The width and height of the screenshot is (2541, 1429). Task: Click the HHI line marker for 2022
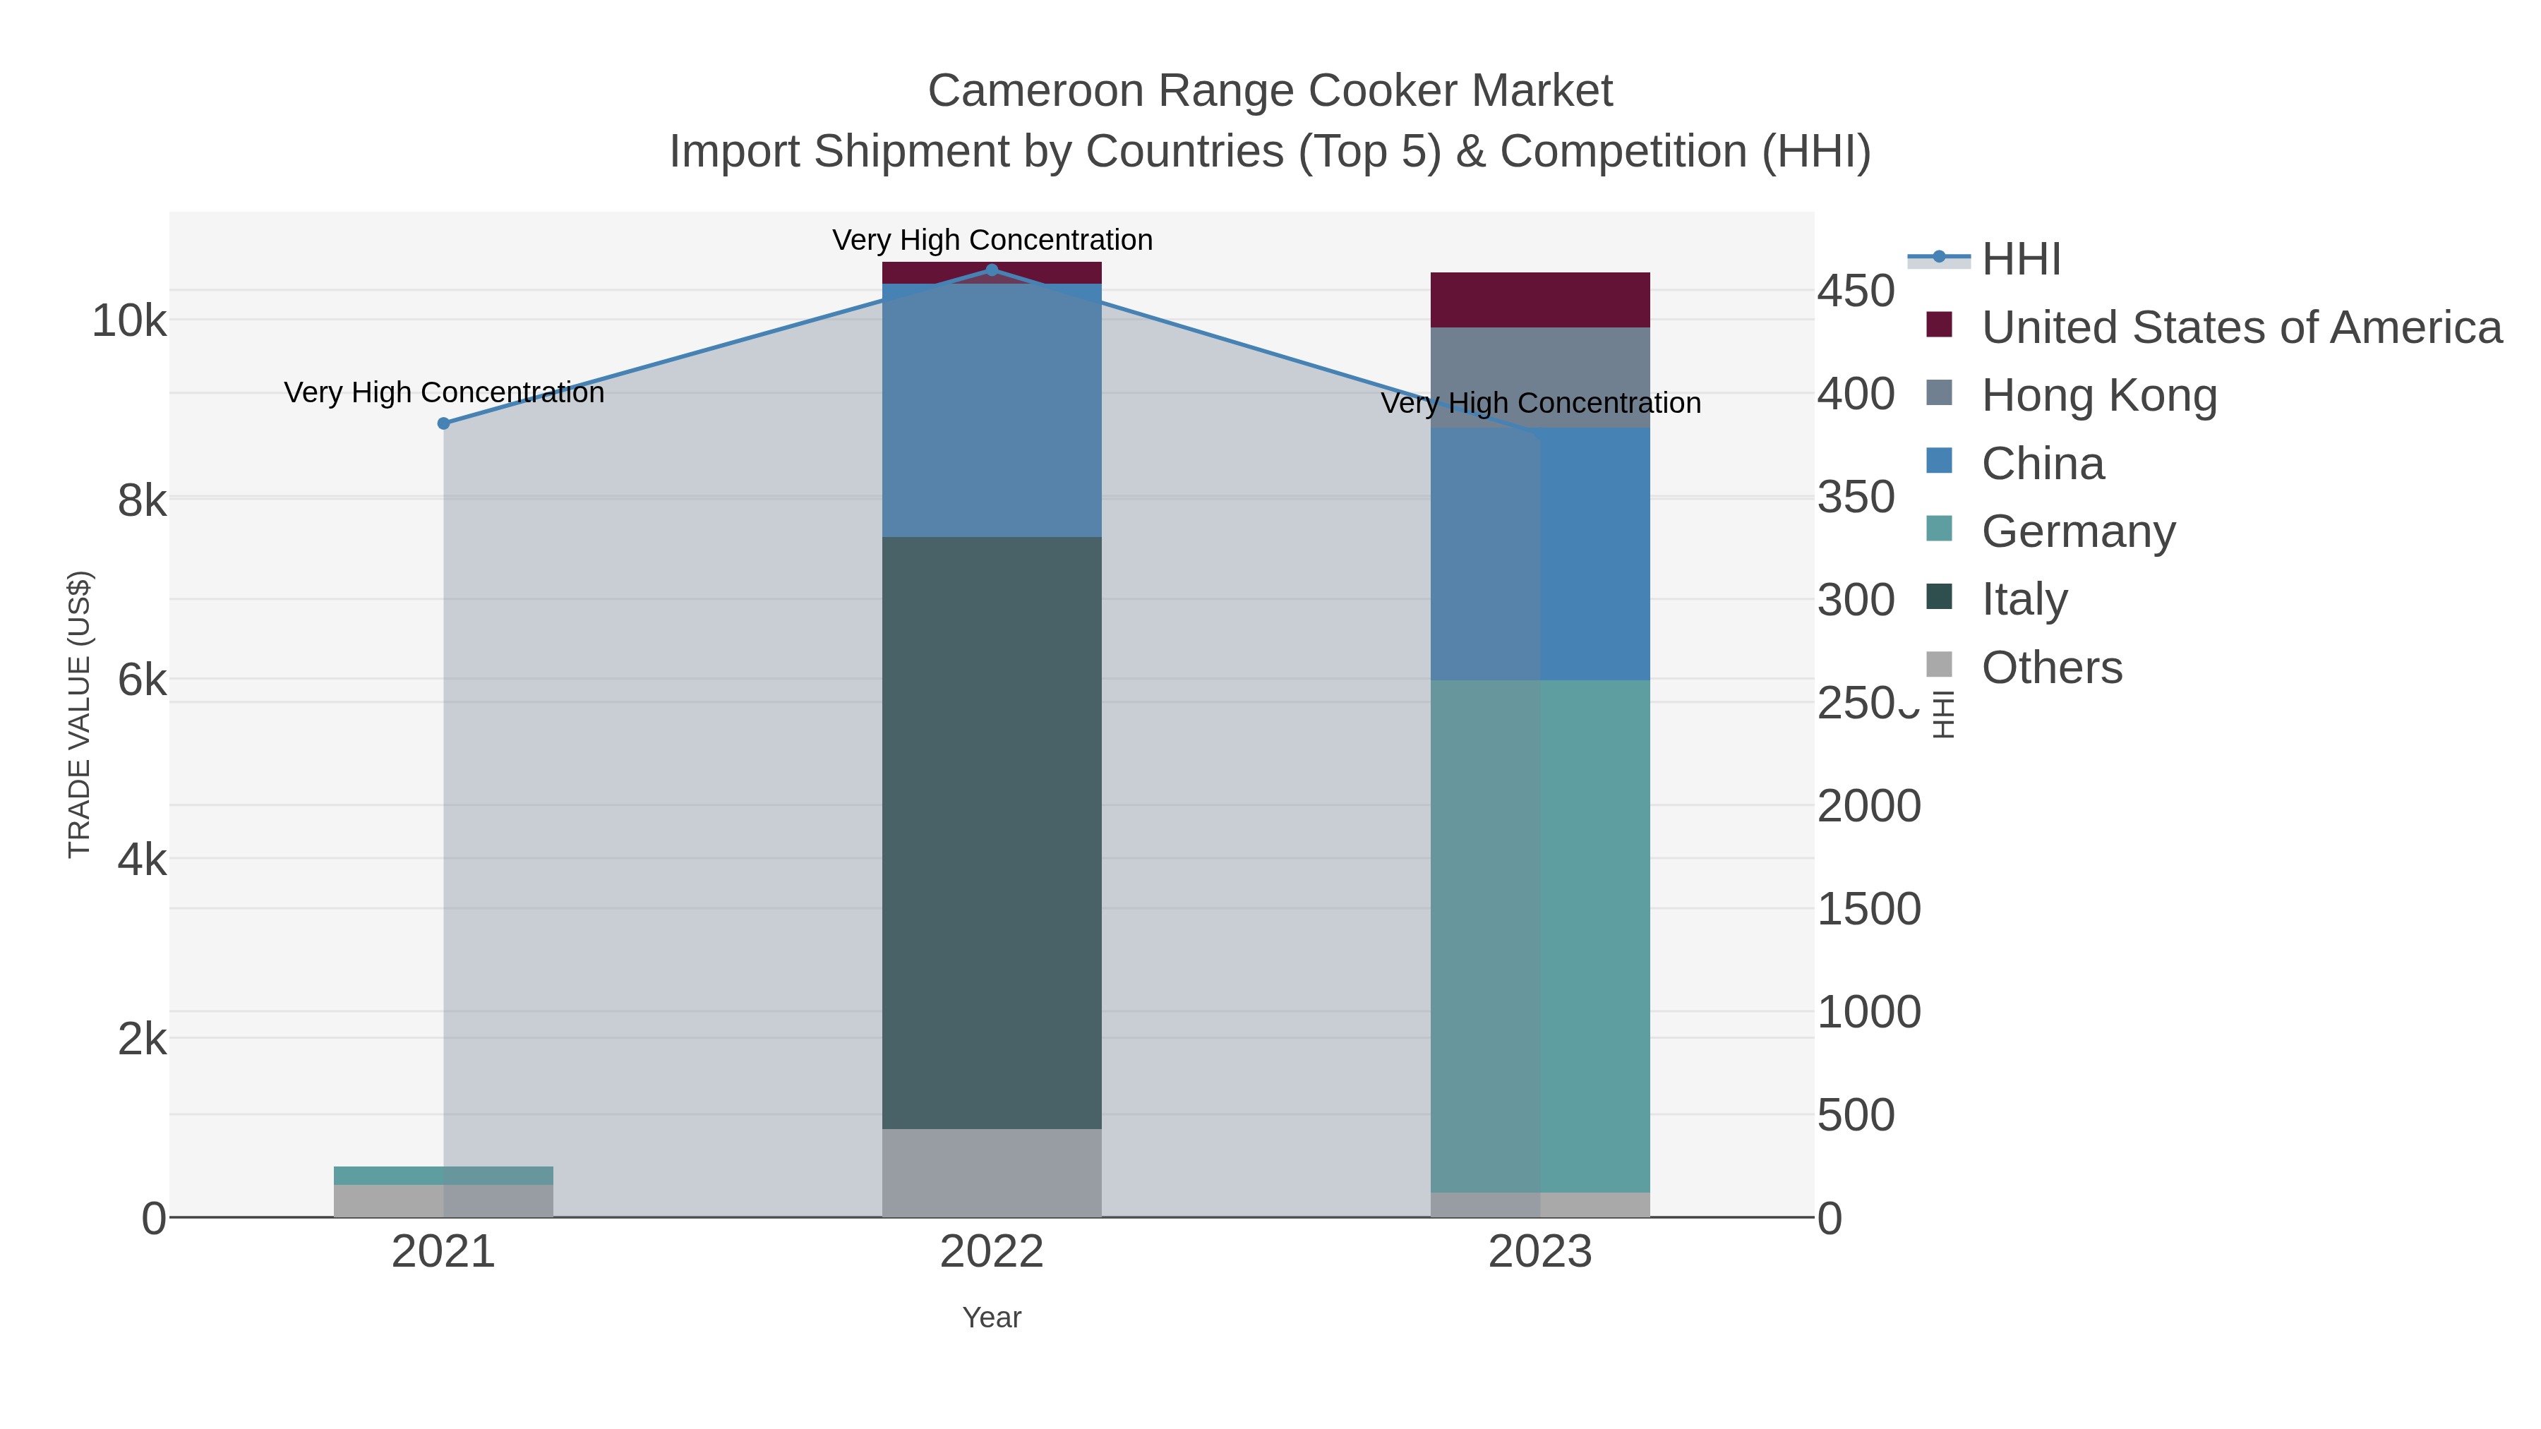pos(992,270)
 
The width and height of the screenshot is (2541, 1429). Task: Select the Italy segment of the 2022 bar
pos(992,833)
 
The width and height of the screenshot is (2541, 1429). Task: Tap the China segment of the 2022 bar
pos(992,410)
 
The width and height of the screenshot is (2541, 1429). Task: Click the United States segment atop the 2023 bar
pos(1540,300)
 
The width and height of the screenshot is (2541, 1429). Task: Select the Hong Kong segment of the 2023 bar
pos(1540,377)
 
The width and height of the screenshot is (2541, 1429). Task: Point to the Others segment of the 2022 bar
pos(992,1173)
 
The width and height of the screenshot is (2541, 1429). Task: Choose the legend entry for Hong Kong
pos(2098,395)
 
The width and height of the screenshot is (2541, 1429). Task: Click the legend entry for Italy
pos(2024,600)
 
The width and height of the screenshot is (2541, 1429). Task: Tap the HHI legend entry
pos(2020,260)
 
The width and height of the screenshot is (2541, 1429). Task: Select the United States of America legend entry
pos(2240,327)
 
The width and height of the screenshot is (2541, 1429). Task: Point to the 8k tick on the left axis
pos(142,501)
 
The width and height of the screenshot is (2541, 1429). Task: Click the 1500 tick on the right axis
pos(1868,910)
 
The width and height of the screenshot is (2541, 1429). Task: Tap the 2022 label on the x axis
pos(992,1253)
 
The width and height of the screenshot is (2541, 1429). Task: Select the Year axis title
pos(992,1318)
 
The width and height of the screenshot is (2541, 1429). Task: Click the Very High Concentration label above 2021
pos(444,392)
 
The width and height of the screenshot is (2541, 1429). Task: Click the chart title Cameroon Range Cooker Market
pos(1270,91)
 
